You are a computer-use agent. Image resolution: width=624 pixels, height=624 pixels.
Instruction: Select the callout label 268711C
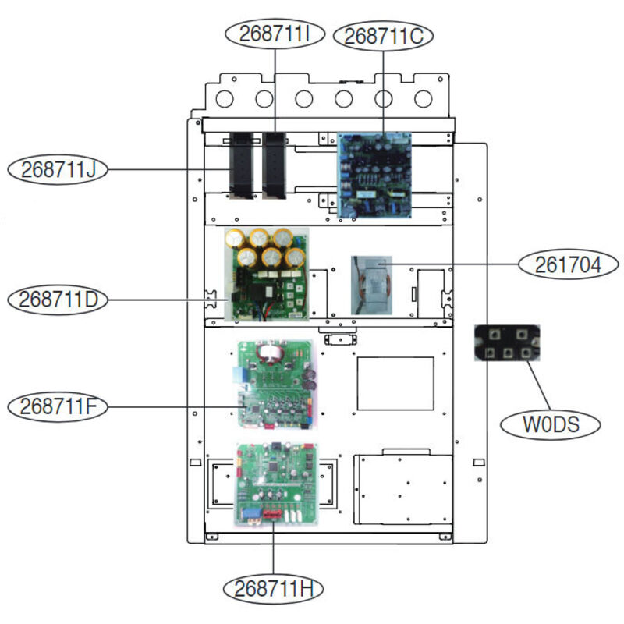(x=383, y=35)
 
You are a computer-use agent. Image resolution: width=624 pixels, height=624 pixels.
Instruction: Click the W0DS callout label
(x=551, y=425)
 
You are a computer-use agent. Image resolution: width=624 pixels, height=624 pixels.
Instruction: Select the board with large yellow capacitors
(x=266, y=274)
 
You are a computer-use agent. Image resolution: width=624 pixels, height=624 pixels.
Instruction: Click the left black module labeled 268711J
(x=239, y=165)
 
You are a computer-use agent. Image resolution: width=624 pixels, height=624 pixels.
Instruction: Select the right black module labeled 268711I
(x=275, y=165)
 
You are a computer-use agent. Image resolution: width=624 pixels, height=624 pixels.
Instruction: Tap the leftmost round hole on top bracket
(x=224, y=99)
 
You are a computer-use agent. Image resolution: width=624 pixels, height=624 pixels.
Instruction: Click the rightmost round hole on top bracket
(x=423, y=99)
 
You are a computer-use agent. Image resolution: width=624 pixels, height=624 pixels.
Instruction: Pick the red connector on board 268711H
(x=272, y=515)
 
